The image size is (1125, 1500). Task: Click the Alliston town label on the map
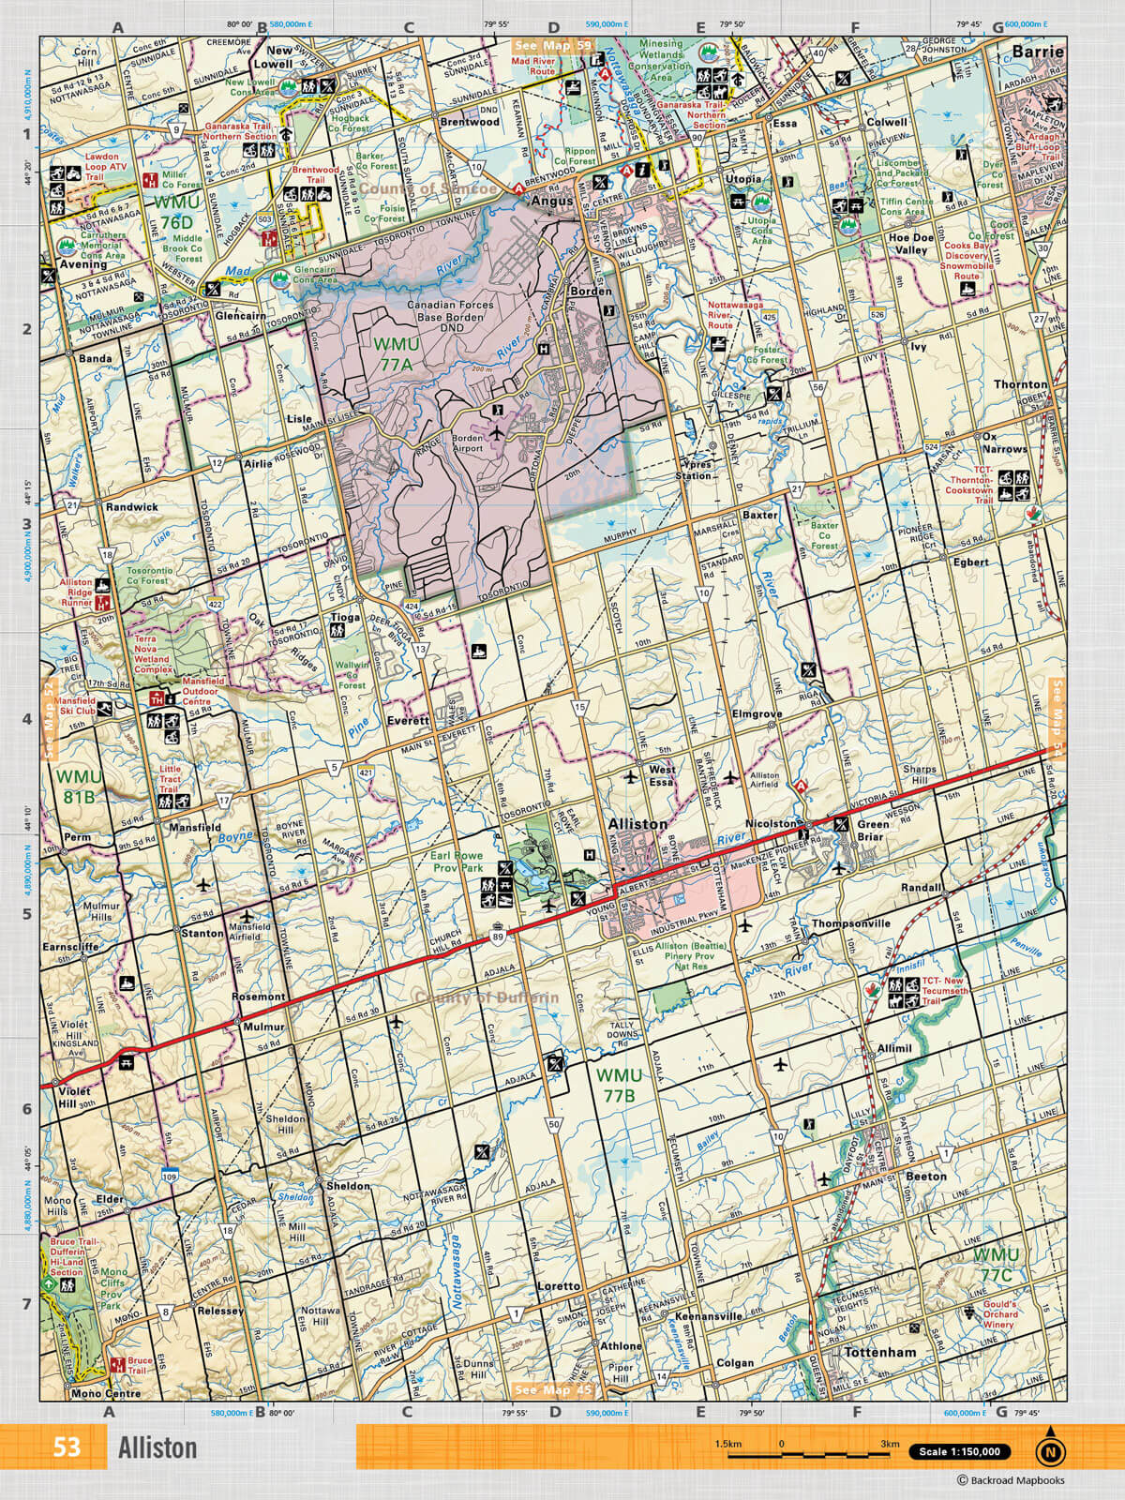(637, 824)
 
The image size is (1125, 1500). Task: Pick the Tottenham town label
(879, 1353)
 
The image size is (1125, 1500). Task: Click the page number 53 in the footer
(67, 1447)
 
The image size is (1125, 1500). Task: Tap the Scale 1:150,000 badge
(961, 1452)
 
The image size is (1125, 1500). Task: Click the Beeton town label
(925, 1176)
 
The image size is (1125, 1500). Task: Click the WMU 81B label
(78, 786)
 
